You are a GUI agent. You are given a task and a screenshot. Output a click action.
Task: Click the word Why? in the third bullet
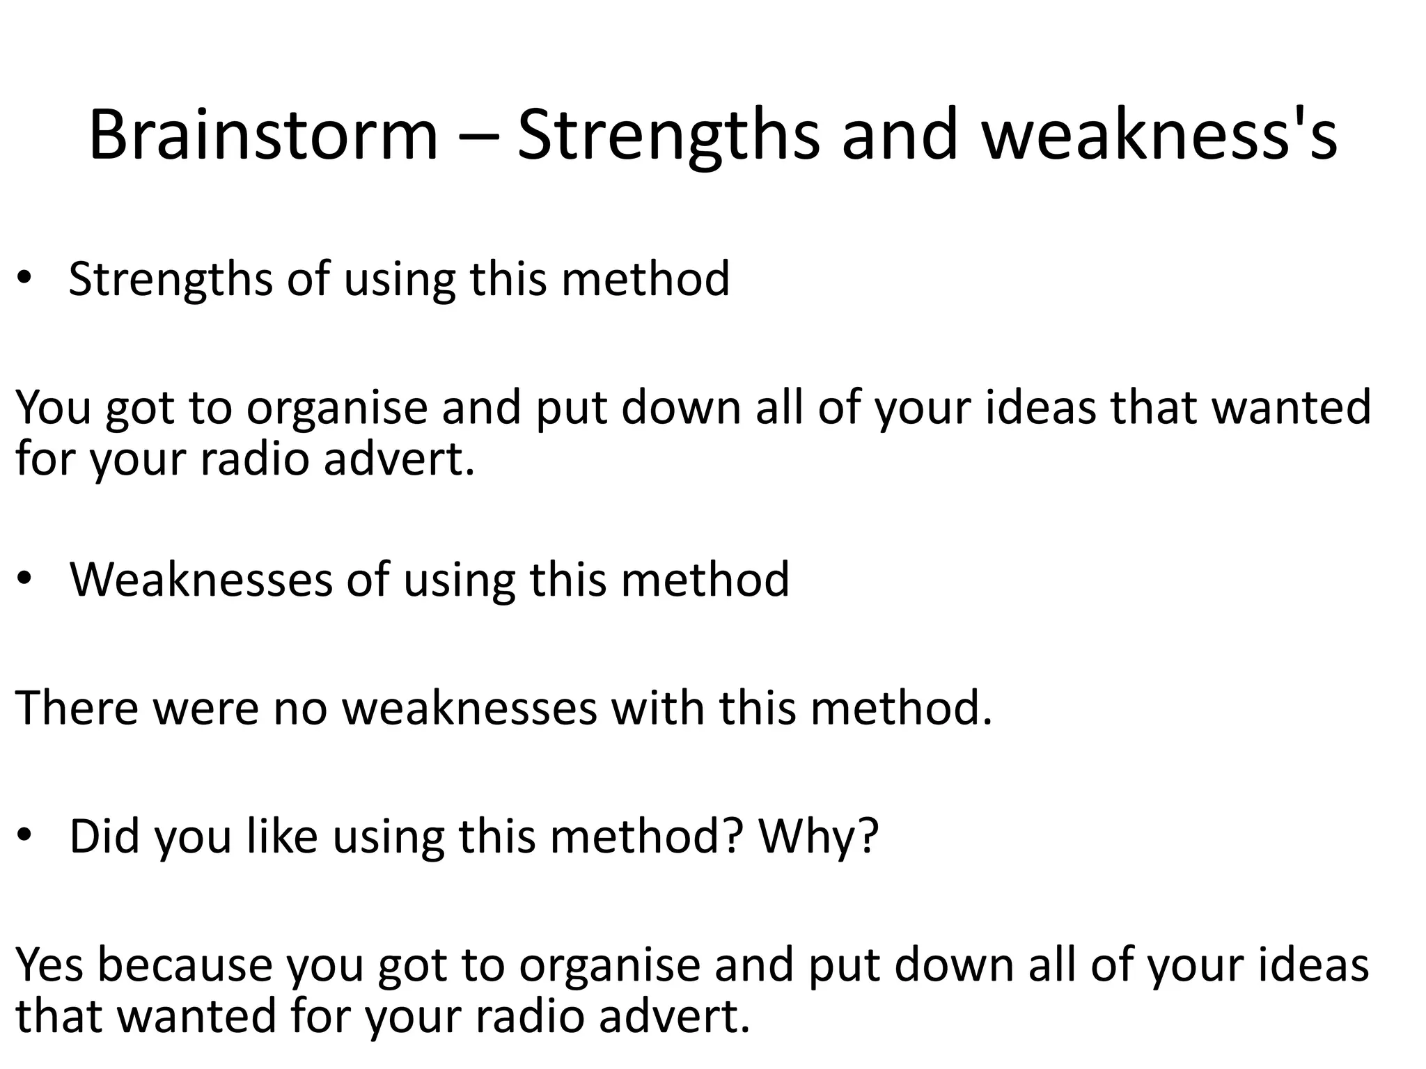819,837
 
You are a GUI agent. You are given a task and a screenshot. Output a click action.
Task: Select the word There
77,708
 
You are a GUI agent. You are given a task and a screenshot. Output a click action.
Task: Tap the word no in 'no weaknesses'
300,708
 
